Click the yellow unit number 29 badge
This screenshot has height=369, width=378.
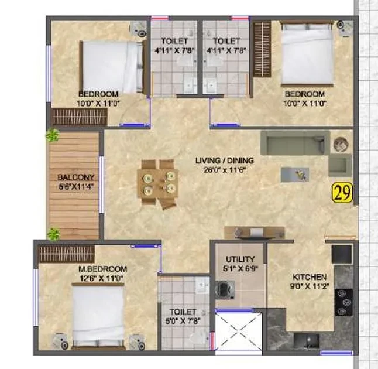(342, 192)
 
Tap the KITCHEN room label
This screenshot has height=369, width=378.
(310, 277)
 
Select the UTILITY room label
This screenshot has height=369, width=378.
(240, 259)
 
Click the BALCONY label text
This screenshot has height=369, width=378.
(75, 177)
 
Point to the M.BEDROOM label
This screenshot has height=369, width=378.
(103, 269)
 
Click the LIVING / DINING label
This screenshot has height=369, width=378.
(225, 160)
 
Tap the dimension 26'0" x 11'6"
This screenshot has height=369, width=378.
(225, 170)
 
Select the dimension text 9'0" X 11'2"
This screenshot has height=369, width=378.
(310, 286)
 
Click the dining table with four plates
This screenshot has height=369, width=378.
(158, 184)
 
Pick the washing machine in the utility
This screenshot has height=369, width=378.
(225, 289)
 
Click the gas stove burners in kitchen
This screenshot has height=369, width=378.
(343, 302)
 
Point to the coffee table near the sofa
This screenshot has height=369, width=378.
(295, 174)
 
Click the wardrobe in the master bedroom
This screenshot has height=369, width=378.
(67, 254)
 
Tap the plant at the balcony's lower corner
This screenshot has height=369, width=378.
(53, 234)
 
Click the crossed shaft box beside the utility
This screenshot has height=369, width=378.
(238, 331)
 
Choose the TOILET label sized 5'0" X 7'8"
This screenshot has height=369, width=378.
(183, 316)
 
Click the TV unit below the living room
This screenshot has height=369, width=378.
(255, 233)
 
